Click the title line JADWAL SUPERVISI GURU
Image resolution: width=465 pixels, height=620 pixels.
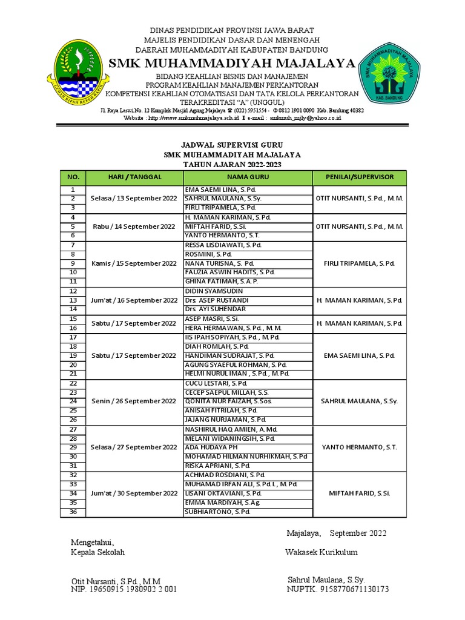click(x=232, y=145)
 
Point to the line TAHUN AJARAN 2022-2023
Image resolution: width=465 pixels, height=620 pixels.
click(x=232, y=165)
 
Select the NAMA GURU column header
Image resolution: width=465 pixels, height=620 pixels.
click(x=248, y=177)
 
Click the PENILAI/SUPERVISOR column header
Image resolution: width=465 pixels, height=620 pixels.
click(x=359, y=177)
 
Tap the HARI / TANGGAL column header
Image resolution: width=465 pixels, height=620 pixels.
click(x=134, y=177)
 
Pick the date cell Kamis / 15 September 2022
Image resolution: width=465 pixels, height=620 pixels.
click(x=134, y=263)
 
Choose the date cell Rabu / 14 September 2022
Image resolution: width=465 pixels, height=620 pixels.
click(x=134, y=226)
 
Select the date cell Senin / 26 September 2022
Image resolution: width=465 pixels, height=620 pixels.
click(x=134, y=401)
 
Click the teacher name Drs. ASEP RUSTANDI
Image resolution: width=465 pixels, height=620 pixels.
click(x=217, y=300)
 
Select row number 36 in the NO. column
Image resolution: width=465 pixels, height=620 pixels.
click(x=73, y=512)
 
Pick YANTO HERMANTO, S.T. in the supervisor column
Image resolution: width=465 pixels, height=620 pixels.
click(x=359, y=447)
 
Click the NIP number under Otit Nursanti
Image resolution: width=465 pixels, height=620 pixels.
click(x=124, y=589)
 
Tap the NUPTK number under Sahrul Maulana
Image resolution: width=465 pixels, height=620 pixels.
click(x=338, y=589)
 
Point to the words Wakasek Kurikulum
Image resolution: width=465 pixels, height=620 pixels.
click(x=321, y=552)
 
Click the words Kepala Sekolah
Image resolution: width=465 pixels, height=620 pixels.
click(x=97, y=552)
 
